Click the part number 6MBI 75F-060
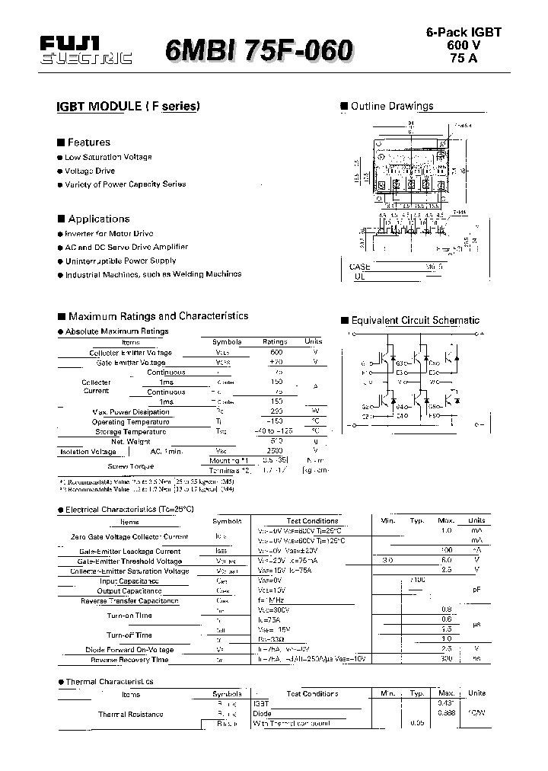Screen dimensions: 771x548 pyautogui.click(x=259, y=51)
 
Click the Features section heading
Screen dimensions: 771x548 pyautogui.click(x=88, y=142)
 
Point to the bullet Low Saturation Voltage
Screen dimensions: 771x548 pyautogui.click(x=108, y=157)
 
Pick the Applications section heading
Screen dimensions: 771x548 pyautogui.click(x=98, y=219)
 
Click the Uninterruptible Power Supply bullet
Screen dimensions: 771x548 pyautogui.click(x=120, y=261)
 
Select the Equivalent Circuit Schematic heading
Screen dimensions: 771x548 pyautogui.click(x=415, y=321)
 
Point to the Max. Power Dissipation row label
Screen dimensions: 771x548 pyautogui.click(x=131, y=412)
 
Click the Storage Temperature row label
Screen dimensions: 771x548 pyautogui.click(x=132, y=431)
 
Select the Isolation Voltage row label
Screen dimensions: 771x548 pyautogui.click(x=88, y=452)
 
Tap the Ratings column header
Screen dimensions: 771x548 pyautogui.click(x=275, y=342)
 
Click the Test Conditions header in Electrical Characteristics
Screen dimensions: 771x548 pyautogui.click(x=312, y=521)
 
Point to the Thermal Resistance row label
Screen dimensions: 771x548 pyautogui.click(x=130, y=714)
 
